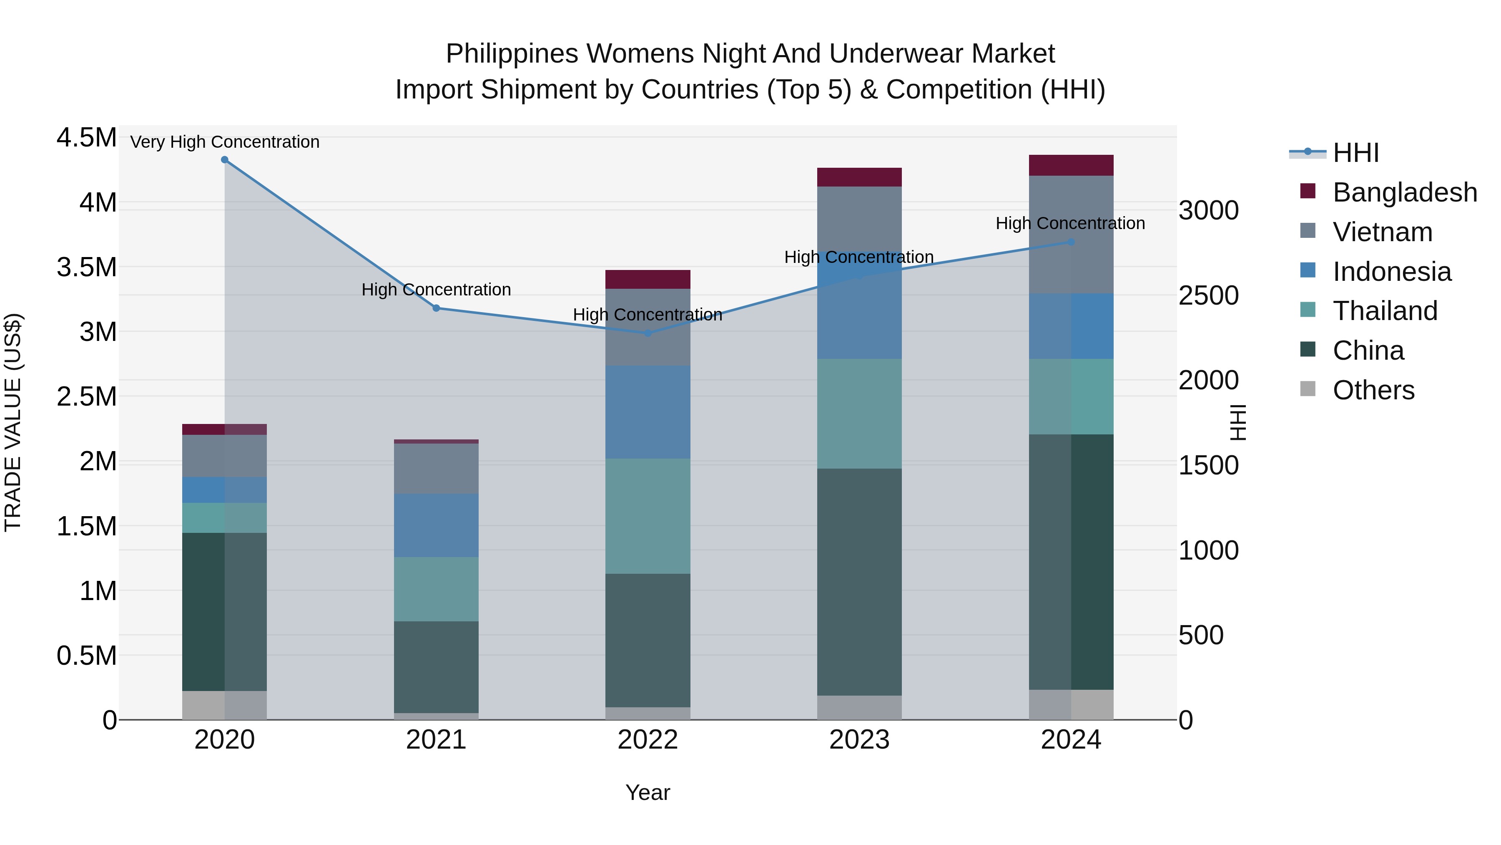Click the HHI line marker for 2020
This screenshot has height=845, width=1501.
point(224,160)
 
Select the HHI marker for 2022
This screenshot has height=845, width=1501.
point(648,333)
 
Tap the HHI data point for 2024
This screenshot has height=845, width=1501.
point(1071,242)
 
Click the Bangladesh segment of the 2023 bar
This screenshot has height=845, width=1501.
point(859,177)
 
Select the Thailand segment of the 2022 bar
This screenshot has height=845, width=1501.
point(648,516)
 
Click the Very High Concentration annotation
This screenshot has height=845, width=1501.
point(224,142)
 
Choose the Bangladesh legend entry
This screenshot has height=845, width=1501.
point(1404,192)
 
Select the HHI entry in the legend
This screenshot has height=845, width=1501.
point(1355,153)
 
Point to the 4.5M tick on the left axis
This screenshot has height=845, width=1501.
point(86,138)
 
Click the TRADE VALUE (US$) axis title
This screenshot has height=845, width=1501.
point(13,422)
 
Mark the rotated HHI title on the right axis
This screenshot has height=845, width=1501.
point(1237,422)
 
